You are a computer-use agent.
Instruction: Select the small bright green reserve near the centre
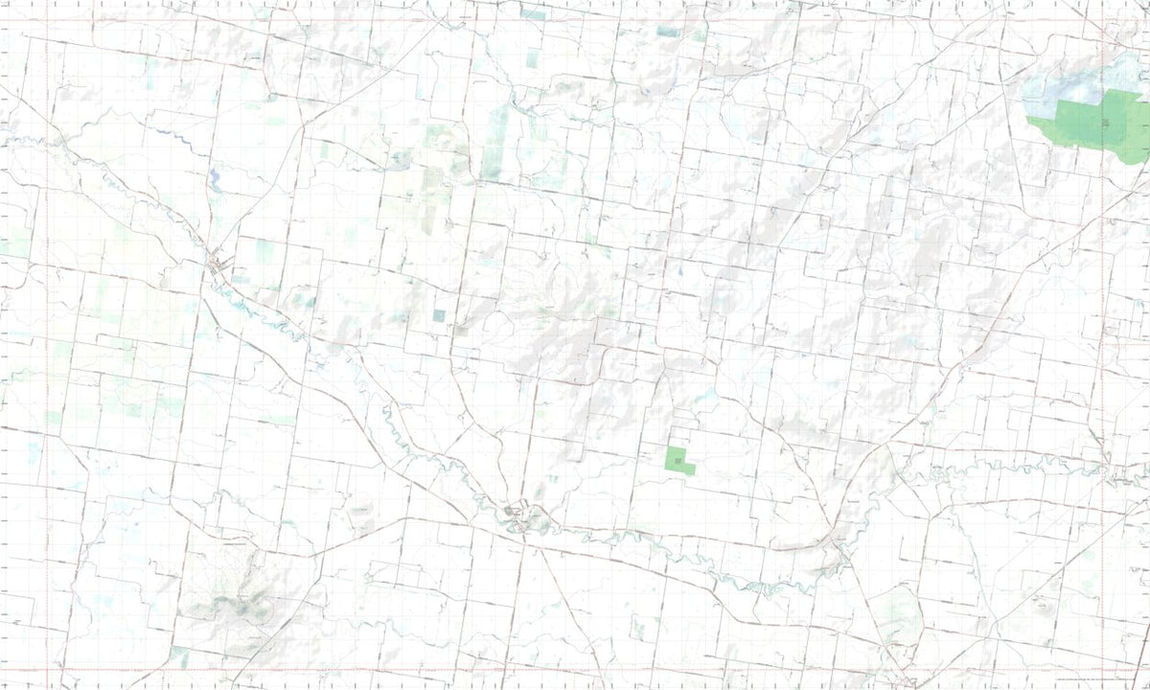click(x=679, y=459)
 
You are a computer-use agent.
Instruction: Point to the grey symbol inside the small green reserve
click(x=679, y=463)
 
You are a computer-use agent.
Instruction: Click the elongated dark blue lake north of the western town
click(x=214, y=177)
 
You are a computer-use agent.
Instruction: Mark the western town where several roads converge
click(x=218, y=263)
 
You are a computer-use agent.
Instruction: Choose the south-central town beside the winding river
click(x=520, y=517)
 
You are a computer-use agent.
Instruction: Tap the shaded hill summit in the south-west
click(x=235, y=604)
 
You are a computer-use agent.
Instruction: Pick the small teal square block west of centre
click(x=439, y=314)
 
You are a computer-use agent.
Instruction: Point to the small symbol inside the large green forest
click(x=1105, y=122)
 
